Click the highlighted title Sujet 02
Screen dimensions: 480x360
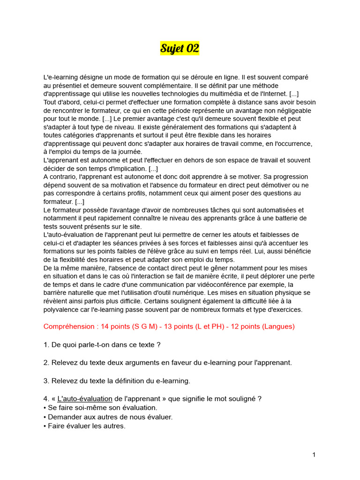tap(180, 48)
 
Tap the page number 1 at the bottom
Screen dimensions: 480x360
tap(314, 455)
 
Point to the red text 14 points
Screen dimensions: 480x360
tap(121, 326)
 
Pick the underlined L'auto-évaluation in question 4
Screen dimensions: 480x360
tap(84, 399)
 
